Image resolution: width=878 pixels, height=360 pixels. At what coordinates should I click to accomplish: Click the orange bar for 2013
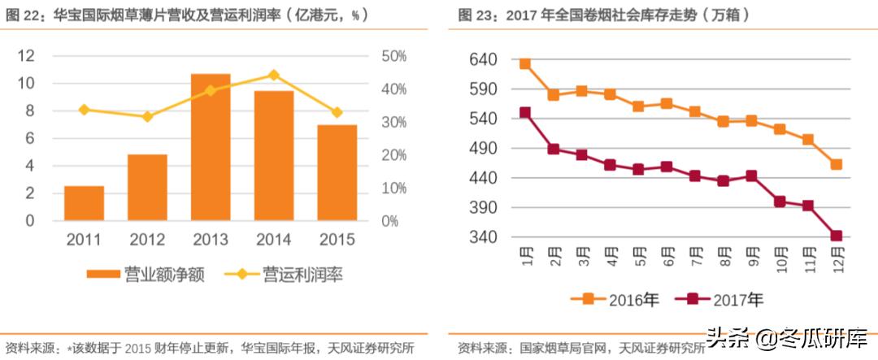point(211,147)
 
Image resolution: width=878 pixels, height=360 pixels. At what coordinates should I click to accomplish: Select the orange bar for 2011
point(84,203)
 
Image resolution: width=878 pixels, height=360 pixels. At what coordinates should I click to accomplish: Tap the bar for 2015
point(337,172)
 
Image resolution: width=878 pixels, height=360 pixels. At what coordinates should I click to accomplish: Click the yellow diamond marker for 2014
point(273,75)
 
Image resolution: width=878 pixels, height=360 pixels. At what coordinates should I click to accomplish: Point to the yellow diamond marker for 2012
point(147,117)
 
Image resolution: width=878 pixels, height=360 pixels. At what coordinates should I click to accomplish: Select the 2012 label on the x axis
point(147,240)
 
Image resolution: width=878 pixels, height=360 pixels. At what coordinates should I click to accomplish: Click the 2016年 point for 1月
point(525,63)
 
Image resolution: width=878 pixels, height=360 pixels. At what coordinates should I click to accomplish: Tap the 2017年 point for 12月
point(836,236)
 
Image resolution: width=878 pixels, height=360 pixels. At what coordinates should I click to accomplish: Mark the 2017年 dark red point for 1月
point(525,113)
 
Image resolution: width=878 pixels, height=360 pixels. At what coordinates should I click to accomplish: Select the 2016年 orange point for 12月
point(836,164)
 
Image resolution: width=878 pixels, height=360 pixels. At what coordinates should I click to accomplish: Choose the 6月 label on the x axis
point(668,260)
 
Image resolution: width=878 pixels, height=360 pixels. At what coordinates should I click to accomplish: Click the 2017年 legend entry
point(724,300)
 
